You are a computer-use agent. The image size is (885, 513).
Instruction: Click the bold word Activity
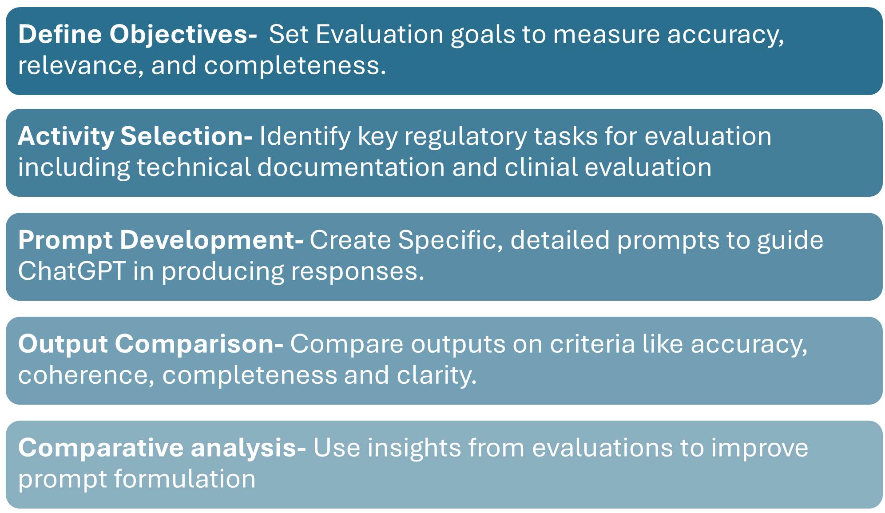coord(66,136)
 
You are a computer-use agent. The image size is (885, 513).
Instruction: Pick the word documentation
coord(351,167)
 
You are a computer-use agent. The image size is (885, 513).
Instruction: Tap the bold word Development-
coord(211,240)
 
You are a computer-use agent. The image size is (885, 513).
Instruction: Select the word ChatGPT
coord(71,271)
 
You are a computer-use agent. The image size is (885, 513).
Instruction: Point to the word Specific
coord(450,240)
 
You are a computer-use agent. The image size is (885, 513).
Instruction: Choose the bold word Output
coord(63,344)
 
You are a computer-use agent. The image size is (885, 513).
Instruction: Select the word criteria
coord(592,344)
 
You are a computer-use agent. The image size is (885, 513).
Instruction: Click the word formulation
coord(184,479)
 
